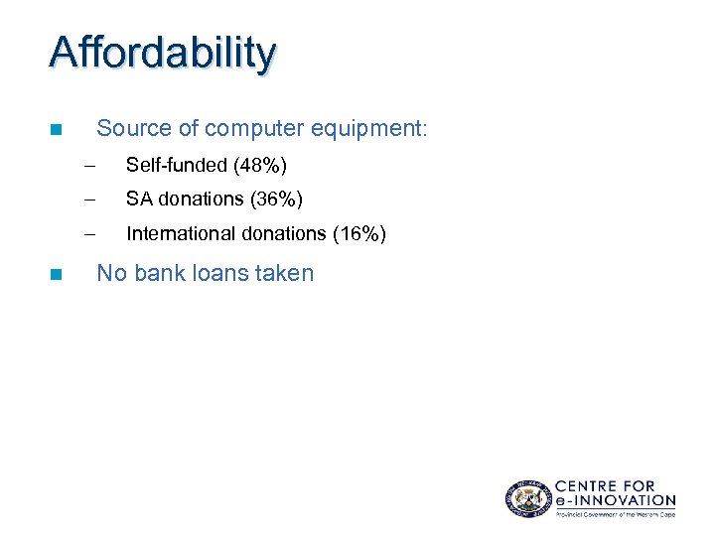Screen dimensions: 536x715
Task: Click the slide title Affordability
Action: tap(163, 54)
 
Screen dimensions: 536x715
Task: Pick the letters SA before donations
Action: tap(139, 200)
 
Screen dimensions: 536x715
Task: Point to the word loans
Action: tap(221, 273)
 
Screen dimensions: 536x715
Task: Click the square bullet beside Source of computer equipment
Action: tap(56, 129)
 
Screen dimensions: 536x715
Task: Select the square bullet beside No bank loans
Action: tap(56, 273)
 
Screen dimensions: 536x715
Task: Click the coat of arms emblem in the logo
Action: tap(526, 497)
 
